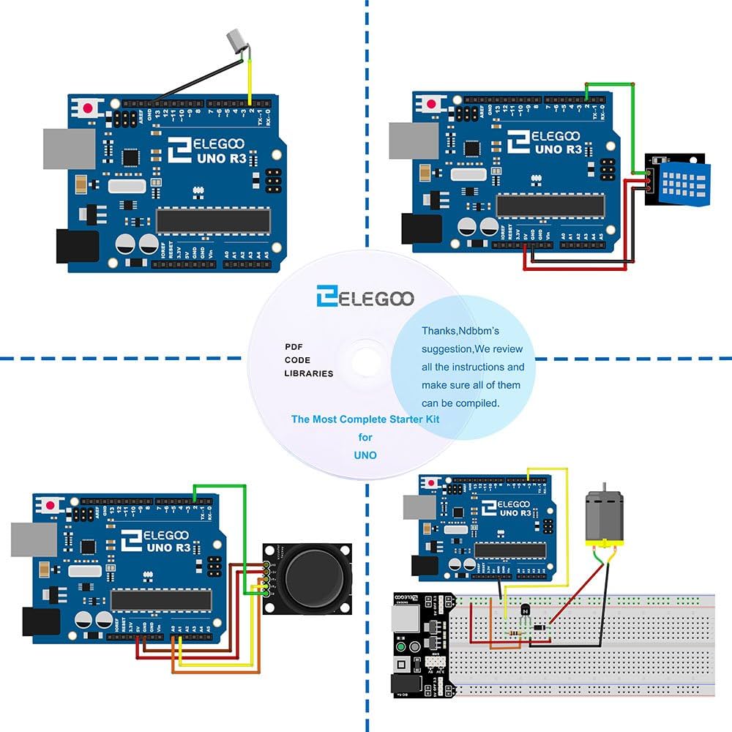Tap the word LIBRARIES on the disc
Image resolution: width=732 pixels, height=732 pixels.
pyautogui.click(x=308, y=373)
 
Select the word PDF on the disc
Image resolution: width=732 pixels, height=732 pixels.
pyautogui.click(x=294, y=346)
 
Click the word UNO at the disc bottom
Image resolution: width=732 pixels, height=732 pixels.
pyautogui.click(x=365, y=455)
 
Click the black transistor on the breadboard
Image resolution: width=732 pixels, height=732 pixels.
pyautogui.click(x=524, y=609)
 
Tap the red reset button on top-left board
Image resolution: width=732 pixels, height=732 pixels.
pyautogui.click(x=89, y=108)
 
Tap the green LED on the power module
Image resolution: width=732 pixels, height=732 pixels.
pyautogui.click(x=400, y=648)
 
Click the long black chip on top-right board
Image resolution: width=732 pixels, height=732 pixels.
pyautogui.click(x=550, y=206)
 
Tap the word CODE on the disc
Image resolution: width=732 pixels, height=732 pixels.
pyautogui.click(x=297, y=360)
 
